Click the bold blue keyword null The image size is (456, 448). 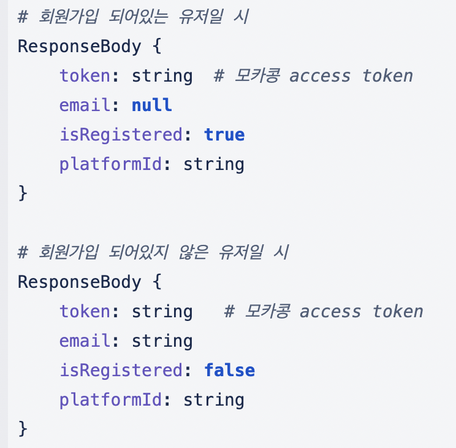(x=152, y=105)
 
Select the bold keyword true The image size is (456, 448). (x=224, y=134)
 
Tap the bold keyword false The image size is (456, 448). (x=229, y=370)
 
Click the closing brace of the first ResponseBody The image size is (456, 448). (x=23, y=193)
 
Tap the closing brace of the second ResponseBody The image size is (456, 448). (x=23, y=429)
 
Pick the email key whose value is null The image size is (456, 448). (x=85, y=105)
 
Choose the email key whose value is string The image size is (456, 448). (x=85, y=341)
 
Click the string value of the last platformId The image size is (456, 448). (x=214, y=400)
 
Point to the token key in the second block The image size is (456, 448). (x=85, y=311)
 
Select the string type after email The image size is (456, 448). (x=162, y=341)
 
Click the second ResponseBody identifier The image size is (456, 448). (x=79, y=282)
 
